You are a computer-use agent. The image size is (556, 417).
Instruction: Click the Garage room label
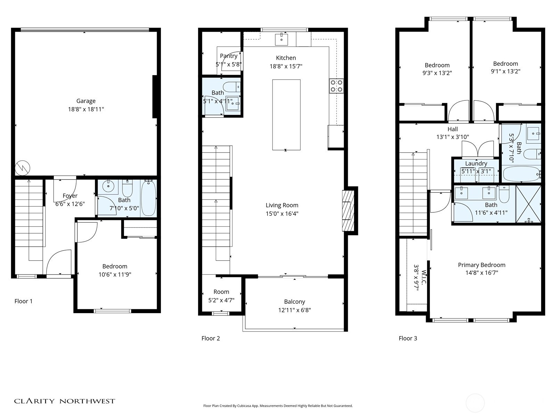(x=86, y=101)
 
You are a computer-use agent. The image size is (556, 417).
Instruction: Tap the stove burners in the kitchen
(x=336, y=86)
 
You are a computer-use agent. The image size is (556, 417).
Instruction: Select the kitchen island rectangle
(x=286, y=115)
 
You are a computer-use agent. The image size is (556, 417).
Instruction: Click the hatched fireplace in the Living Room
(x=348, y=211)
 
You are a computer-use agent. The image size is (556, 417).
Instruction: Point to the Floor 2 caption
(x=211, y=338)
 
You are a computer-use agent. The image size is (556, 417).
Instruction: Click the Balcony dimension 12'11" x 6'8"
(x=294, y=310)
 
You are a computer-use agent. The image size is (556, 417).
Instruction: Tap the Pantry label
(x=229, y=56)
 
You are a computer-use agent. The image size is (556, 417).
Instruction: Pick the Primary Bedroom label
(x=482, y=265)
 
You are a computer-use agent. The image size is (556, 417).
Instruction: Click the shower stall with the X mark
(x=529, y=204)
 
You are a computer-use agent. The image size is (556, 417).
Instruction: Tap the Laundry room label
(x=476, y=164)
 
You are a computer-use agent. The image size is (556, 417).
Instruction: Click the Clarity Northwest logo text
(x=65, y=401)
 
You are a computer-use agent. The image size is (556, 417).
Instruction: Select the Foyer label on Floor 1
(x=70, y=196)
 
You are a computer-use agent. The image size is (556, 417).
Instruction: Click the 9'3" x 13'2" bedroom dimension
(x=437, y=73)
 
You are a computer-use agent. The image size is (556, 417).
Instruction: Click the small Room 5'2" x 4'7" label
(x=221, y=292)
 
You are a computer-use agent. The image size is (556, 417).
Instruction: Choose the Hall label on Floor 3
(x=452, y=129)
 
